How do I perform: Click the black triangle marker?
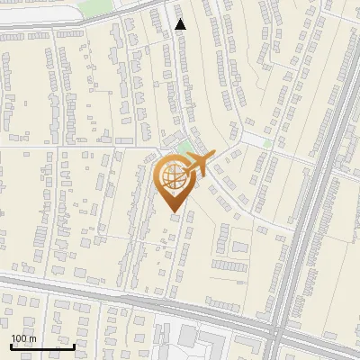pos(181,24)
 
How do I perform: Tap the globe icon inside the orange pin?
pos(174,176)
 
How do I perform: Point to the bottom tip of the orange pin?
pos(174,211)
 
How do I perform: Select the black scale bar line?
pos(42,346)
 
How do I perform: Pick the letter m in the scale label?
pos(34,338)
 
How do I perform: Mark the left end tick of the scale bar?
pos(11,345)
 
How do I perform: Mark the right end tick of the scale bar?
pos(74,345)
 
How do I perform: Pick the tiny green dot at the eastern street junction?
pos(267,142)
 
